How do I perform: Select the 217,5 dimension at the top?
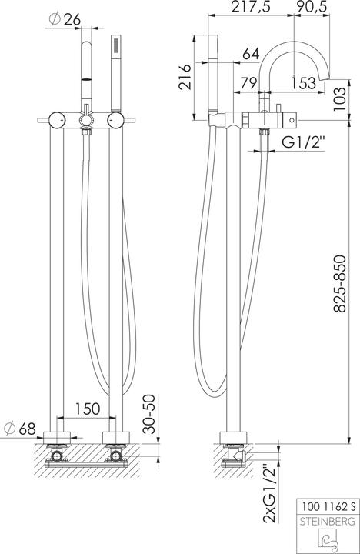tap(253, 8)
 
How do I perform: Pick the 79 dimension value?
tap(248, 83)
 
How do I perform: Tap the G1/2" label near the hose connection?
tap(301, 142)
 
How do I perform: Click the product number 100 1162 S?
tap(327, 507)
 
